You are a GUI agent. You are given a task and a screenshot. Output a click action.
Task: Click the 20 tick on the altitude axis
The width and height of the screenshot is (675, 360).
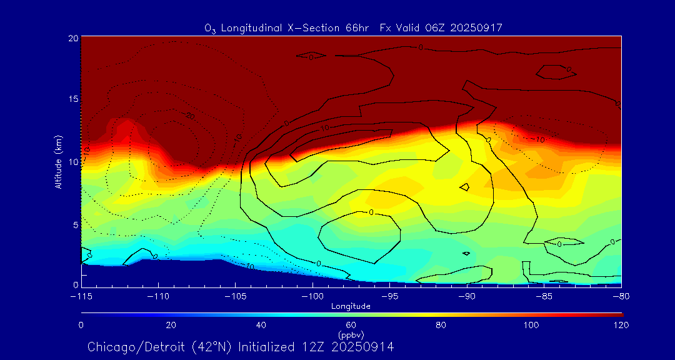click(72, 38)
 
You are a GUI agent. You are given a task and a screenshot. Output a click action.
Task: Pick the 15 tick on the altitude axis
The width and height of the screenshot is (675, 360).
click(72, 99)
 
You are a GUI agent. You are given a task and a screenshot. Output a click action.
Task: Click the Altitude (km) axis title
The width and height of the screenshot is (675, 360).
click(59, 162)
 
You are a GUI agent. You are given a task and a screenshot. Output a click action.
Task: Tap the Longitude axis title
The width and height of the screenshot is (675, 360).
click(351, 306)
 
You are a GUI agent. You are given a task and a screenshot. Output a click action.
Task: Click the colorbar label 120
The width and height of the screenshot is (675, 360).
click(621, 325)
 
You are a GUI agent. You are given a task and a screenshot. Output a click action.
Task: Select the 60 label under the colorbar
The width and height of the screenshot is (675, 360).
click(351, 325)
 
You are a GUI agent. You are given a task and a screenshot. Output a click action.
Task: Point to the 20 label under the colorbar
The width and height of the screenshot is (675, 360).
click(171, 325)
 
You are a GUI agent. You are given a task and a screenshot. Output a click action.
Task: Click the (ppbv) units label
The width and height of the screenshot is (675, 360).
click(351, 334)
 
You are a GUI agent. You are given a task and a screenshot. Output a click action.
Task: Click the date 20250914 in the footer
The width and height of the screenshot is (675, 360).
click(364, 347)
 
